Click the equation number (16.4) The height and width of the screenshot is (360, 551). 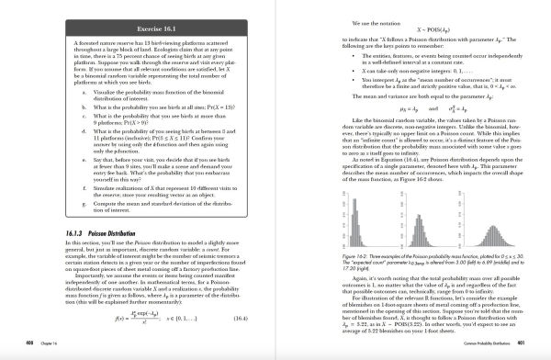(244, 318)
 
